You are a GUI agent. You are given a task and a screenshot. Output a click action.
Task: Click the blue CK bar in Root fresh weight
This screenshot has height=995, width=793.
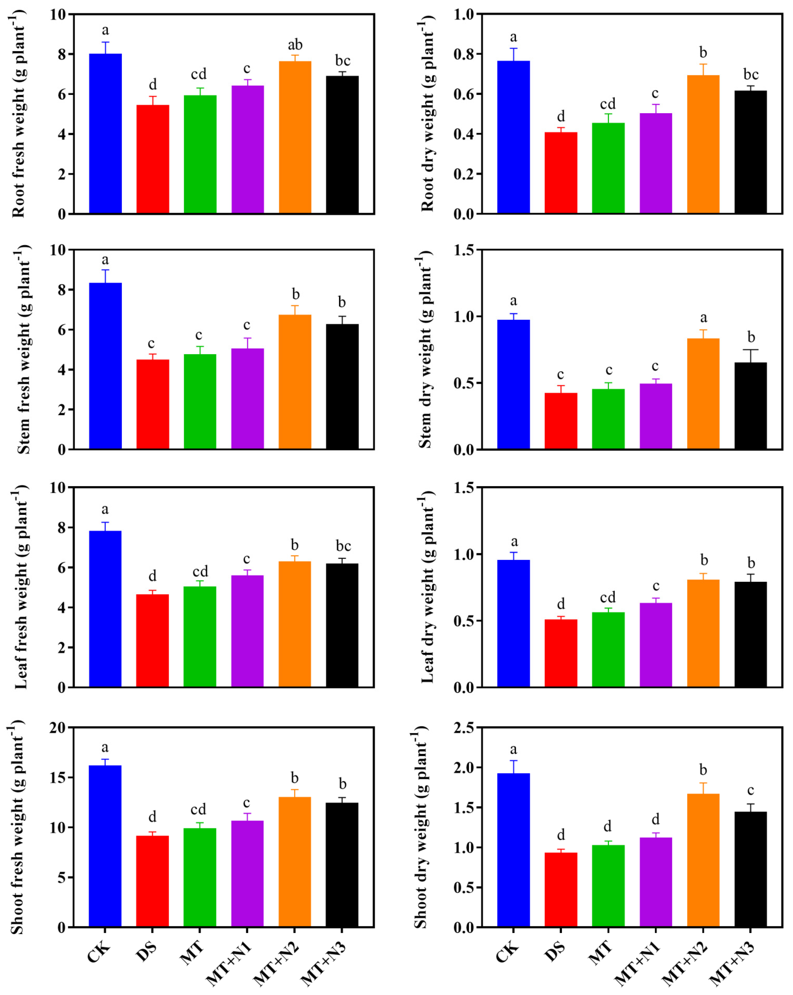(105, 134)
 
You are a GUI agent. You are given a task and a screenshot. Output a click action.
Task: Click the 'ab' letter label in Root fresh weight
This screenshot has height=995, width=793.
(295, 45)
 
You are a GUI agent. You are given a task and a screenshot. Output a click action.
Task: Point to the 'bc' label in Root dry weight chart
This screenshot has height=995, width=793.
(750, 74)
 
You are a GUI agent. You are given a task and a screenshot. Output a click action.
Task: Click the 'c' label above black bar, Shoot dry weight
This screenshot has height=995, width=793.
(750, 790)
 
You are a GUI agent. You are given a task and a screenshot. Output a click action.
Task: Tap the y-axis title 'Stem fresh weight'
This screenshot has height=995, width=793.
(23, 349)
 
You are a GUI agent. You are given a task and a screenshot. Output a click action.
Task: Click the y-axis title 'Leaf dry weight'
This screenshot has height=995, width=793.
(427, 587)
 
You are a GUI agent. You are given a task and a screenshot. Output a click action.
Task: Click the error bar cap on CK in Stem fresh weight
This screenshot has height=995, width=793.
(105, 270)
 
